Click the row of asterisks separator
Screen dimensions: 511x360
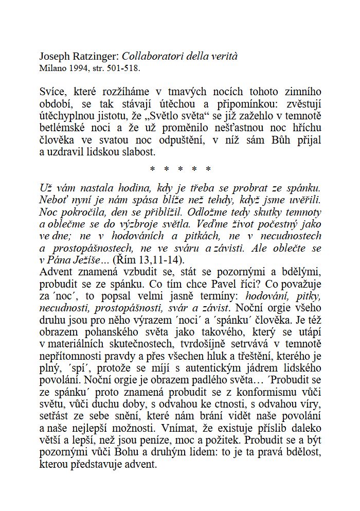click(x=180, y=169)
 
